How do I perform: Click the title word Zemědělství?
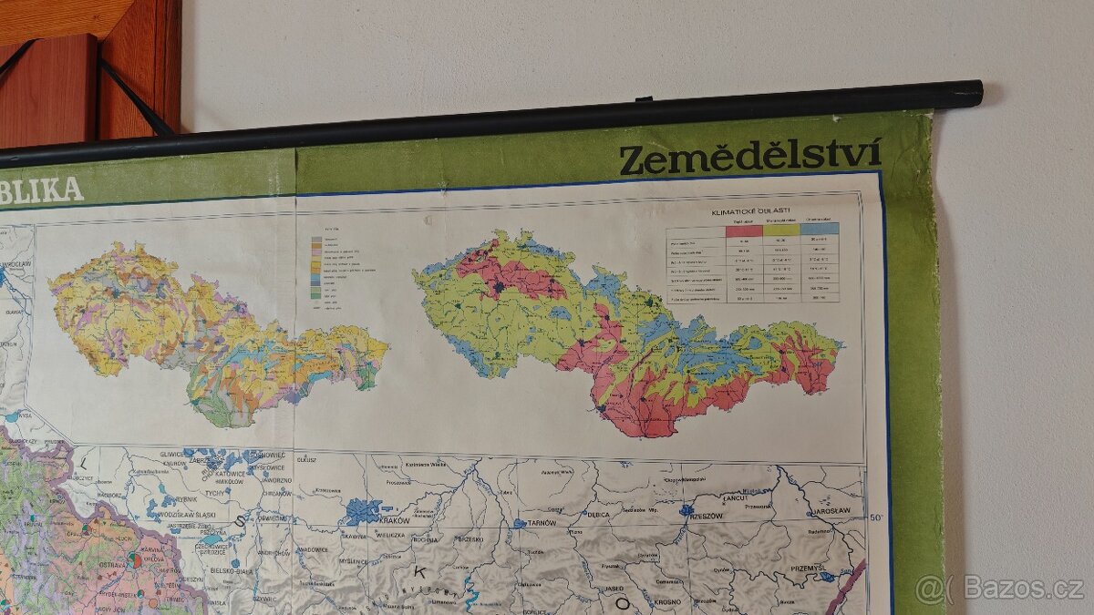coord(749,156)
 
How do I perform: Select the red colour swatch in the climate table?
coord(743,230)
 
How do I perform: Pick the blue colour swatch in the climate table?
coord(820,229)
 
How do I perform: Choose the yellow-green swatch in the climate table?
coord(781,230)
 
